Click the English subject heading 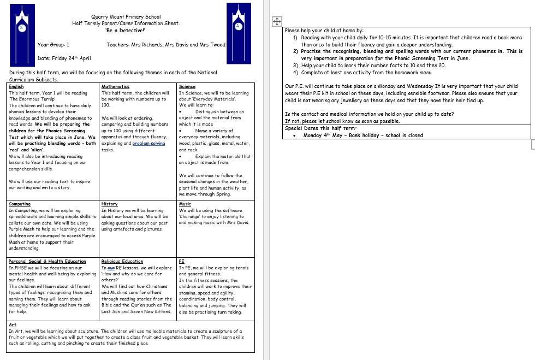coord(16,86)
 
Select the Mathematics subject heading coord(115,86)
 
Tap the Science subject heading coord(187,86)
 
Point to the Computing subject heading coord(20,204)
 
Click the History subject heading coord(109,204)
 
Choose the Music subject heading coord(185,204)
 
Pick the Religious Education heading coord(122,261)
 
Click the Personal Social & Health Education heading coord(47,261)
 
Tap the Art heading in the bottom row coord(13,324)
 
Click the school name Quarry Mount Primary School coord(126,17)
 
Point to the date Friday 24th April coord(64,58)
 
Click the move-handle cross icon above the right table coord(276,21)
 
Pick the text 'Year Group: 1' coord(53,45)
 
